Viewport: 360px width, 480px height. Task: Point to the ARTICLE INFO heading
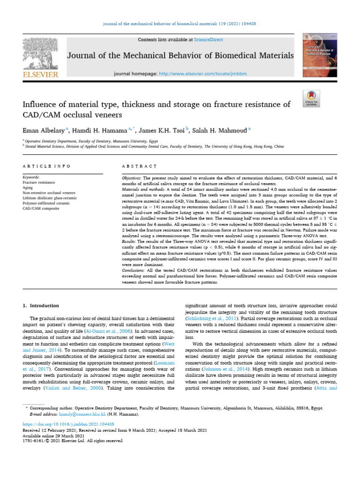(47, 166)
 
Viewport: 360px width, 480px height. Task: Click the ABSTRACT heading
(139, 166)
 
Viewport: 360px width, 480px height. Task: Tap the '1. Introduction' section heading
(41, 306)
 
